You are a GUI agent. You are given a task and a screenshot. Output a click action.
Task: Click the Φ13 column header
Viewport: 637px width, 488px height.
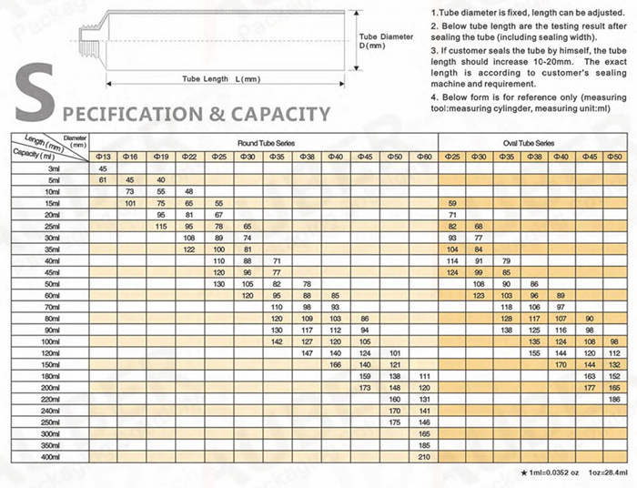point(103,158)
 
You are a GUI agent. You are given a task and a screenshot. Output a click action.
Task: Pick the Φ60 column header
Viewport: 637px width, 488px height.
point(423,158)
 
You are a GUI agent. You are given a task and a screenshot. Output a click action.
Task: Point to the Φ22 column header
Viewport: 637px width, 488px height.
point(189,158)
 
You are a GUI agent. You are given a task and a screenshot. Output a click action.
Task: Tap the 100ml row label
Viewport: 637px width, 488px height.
point(51,340)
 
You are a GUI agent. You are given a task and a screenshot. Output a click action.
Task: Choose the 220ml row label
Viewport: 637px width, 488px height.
point(51,399)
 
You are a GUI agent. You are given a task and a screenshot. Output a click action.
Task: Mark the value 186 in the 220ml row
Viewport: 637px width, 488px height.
point(613,399)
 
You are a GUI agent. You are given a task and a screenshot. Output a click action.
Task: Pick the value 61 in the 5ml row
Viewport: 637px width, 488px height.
point(103,180)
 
